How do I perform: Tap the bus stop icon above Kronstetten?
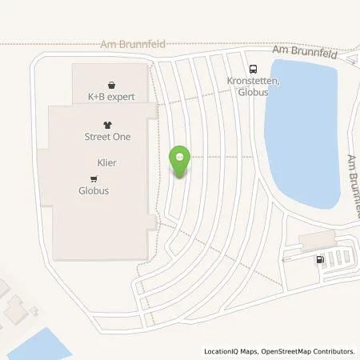pyautogui.click(x=253, y=69)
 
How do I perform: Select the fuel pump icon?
pyautogui.click(x=321, y=258)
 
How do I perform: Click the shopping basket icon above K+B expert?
pyautogui.click(x=110, y=84)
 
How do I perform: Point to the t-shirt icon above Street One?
pyautogui.click(x=107, y=124)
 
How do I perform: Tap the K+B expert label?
pyautogui.click(x=110, y=98)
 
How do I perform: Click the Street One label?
pyautogui.click(x=107, y=137)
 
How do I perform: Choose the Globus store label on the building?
pyautogui.click(x=94, y=191)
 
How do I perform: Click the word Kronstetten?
pyautogui.click(x=254, y=82)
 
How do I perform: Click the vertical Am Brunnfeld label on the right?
pyautogui.click(x=353, y=180)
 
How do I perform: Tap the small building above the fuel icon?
pyautogui.click(x=318, y=239)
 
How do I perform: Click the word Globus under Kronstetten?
pyautogui.click(x=253, y=92)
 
